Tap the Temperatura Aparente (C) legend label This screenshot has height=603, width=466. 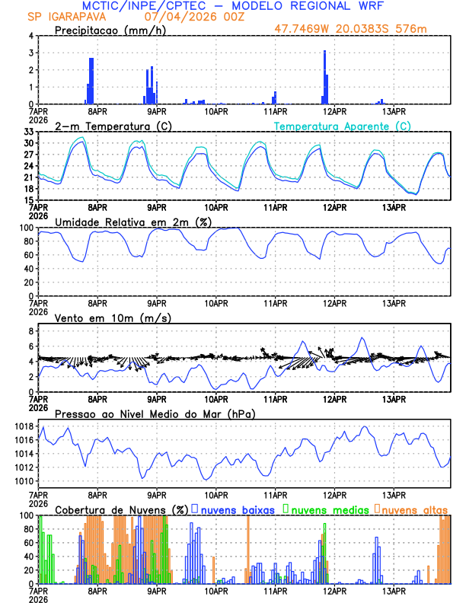(x=343, y=126)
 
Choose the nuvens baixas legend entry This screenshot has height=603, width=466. (x=237, y=509)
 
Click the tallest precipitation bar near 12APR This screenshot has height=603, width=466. (x=324, y=76)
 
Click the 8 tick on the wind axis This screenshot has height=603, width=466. (x=31, y=331)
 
